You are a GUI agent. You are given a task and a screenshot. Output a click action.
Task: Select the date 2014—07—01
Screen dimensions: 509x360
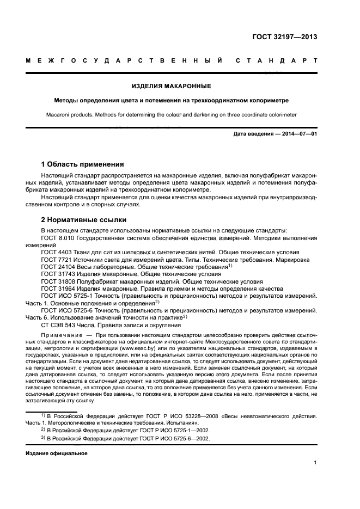(298, 134)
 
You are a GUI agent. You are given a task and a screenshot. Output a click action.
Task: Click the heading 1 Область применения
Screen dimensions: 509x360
(83, 164)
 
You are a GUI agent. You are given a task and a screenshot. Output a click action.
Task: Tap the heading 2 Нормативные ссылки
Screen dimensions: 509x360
(84, 220)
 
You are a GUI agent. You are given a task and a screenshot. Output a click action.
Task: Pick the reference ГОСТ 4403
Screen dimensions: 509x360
(57, 253)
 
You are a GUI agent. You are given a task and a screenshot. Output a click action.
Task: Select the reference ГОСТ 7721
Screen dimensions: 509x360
(57, 260)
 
